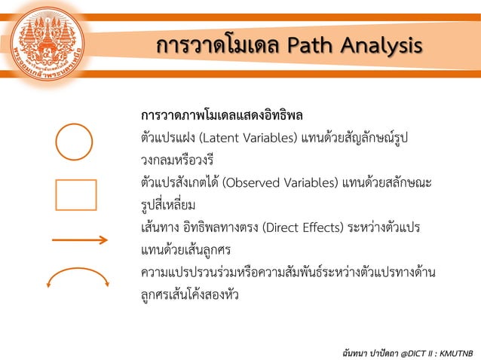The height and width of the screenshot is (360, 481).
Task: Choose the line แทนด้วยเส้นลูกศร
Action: (182, 249)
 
